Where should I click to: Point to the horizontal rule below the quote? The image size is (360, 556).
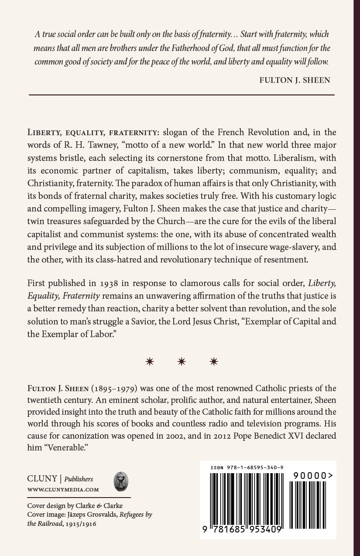tap(181, 94)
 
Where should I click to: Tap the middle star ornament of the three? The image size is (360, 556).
tap(182, 362)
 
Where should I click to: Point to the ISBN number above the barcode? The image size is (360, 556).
tap(247, 467)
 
